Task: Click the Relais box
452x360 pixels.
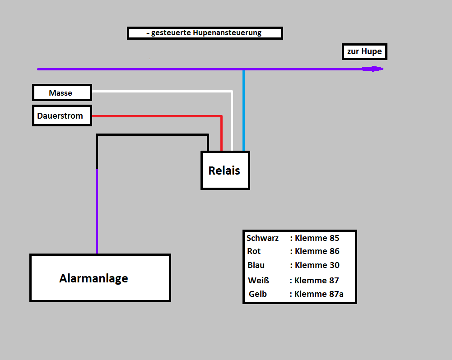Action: click(225, 170)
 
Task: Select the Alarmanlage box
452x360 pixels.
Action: click(100, 278)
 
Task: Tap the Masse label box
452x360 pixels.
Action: click(62, 92)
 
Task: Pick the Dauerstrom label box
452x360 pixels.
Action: click(62, 115)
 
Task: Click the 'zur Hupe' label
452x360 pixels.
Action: click(364, 51)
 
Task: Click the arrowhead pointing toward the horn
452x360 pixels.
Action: click(375, 69)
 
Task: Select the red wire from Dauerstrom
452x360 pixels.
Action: click(158, 116)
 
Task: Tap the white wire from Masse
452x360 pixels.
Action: click(163, 92)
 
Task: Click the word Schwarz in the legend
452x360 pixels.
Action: click(262, 238)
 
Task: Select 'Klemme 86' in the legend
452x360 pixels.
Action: click(317, 251)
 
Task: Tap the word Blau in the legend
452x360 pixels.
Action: click(256, 265)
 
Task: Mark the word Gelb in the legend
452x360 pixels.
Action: click(258, 294)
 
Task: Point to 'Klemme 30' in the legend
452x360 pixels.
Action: click(317, 265)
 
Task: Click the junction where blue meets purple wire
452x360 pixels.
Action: click(243, 69)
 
